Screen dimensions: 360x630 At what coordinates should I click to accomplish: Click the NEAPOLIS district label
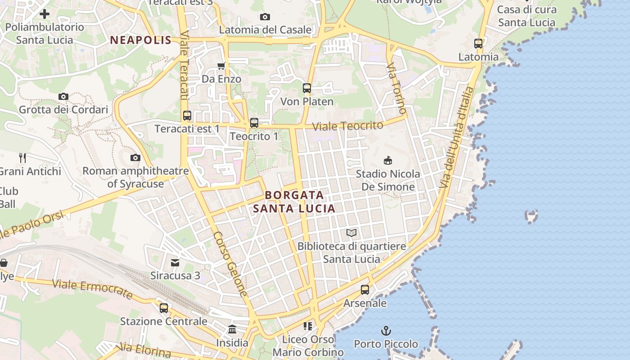point(140,40)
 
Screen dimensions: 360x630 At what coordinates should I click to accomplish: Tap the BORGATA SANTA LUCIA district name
point(294,202)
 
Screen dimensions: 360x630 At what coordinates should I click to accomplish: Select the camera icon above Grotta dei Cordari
point(63,96)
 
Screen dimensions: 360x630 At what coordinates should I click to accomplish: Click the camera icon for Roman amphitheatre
point(135,157)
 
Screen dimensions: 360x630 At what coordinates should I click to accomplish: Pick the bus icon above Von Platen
point(307,88)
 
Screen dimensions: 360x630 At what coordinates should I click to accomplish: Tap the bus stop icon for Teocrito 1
point(254,123)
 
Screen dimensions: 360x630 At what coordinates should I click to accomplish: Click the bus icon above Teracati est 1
point(187,116)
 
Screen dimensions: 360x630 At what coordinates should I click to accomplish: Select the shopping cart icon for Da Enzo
point(221,66)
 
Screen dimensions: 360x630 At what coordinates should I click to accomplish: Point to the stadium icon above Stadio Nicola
point(387,160)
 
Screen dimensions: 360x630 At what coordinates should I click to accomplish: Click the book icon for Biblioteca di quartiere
point(351,233)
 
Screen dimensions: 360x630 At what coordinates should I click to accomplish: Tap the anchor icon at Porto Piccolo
point(386,331)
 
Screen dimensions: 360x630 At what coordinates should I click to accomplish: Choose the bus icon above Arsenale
point(365,290)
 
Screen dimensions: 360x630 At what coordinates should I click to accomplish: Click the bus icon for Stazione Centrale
point(164,308)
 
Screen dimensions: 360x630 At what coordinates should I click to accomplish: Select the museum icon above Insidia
point(232,329)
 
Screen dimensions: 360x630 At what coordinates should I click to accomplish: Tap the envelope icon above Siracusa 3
point(175,262)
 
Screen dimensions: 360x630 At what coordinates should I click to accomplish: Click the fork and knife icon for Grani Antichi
point(22,157)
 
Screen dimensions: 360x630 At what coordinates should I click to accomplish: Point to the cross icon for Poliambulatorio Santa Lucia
point(45,14)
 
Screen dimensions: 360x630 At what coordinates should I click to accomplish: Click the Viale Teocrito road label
point(348,126)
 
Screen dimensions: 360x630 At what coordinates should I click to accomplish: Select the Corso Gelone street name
point(229,264)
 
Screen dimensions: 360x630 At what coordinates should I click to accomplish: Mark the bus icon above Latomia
point(478,44)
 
